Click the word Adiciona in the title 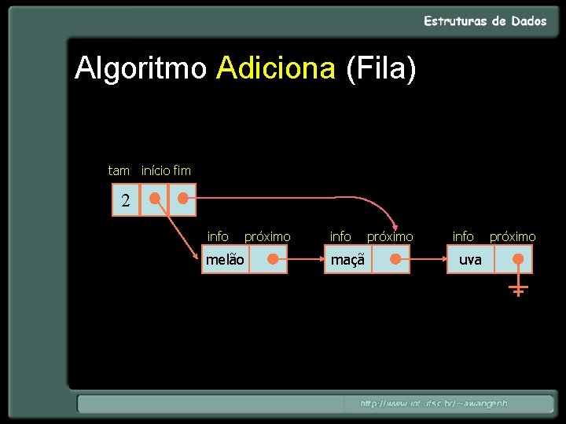pos(276,69)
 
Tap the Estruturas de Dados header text pos(485,21)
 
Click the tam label pos(119,170)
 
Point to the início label pos(155,170)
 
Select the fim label pos(182,170)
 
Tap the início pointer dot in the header pos(155,199)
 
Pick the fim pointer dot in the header pos(182,199)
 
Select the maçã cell pos(347,259)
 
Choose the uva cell pos(470,259)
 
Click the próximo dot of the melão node pos(271,258)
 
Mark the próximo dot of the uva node pos(517,258)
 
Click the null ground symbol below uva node pos(517,291)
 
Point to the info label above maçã pos(340,236)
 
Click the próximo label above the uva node pos(513,236)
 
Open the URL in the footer pos(434,404)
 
